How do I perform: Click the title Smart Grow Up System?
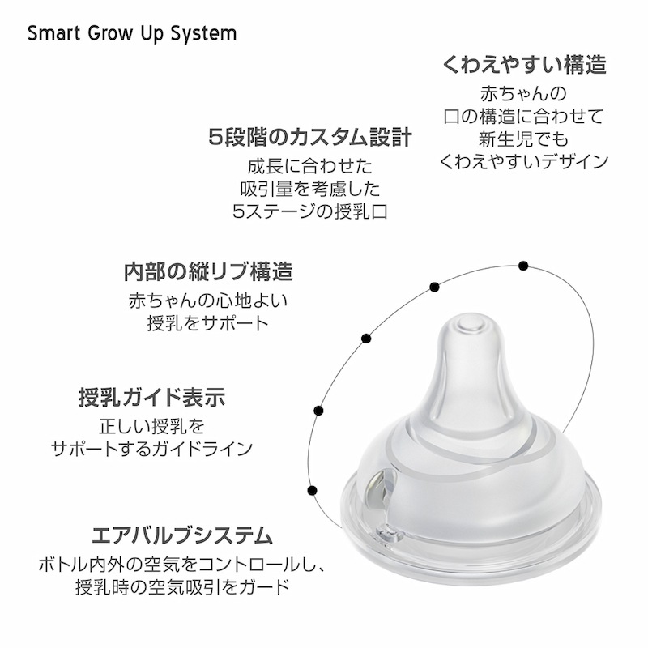(x=132, y=34)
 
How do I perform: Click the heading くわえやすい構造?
(x=524, y=65)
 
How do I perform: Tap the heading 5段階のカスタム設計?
(x=310, y=137)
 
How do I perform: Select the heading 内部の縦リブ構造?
(x=208, y=272)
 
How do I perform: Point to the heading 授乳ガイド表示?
(x=152, y=397)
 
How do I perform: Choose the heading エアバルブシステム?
(x=182, y=535)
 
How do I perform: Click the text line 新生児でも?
(x=523, y=139)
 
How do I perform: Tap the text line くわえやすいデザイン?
(x=523, y=161)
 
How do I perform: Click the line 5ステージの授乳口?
(x=310, y=212)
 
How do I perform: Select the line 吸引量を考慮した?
(x=310, y=190)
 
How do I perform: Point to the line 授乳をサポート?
(x=208, y=323)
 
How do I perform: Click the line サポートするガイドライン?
(x=151, y=449)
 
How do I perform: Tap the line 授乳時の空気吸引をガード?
(x=181, y=586)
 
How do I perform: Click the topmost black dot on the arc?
(x=523, y=266)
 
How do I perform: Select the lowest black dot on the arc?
(x=313, y=491)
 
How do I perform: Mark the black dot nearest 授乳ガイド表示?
(x=318, y=411)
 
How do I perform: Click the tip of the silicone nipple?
(x=472, y=323)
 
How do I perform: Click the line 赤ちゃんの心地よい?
(x=208, y=301)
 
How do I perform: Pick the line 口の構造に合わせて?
(x=523, y=117)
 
